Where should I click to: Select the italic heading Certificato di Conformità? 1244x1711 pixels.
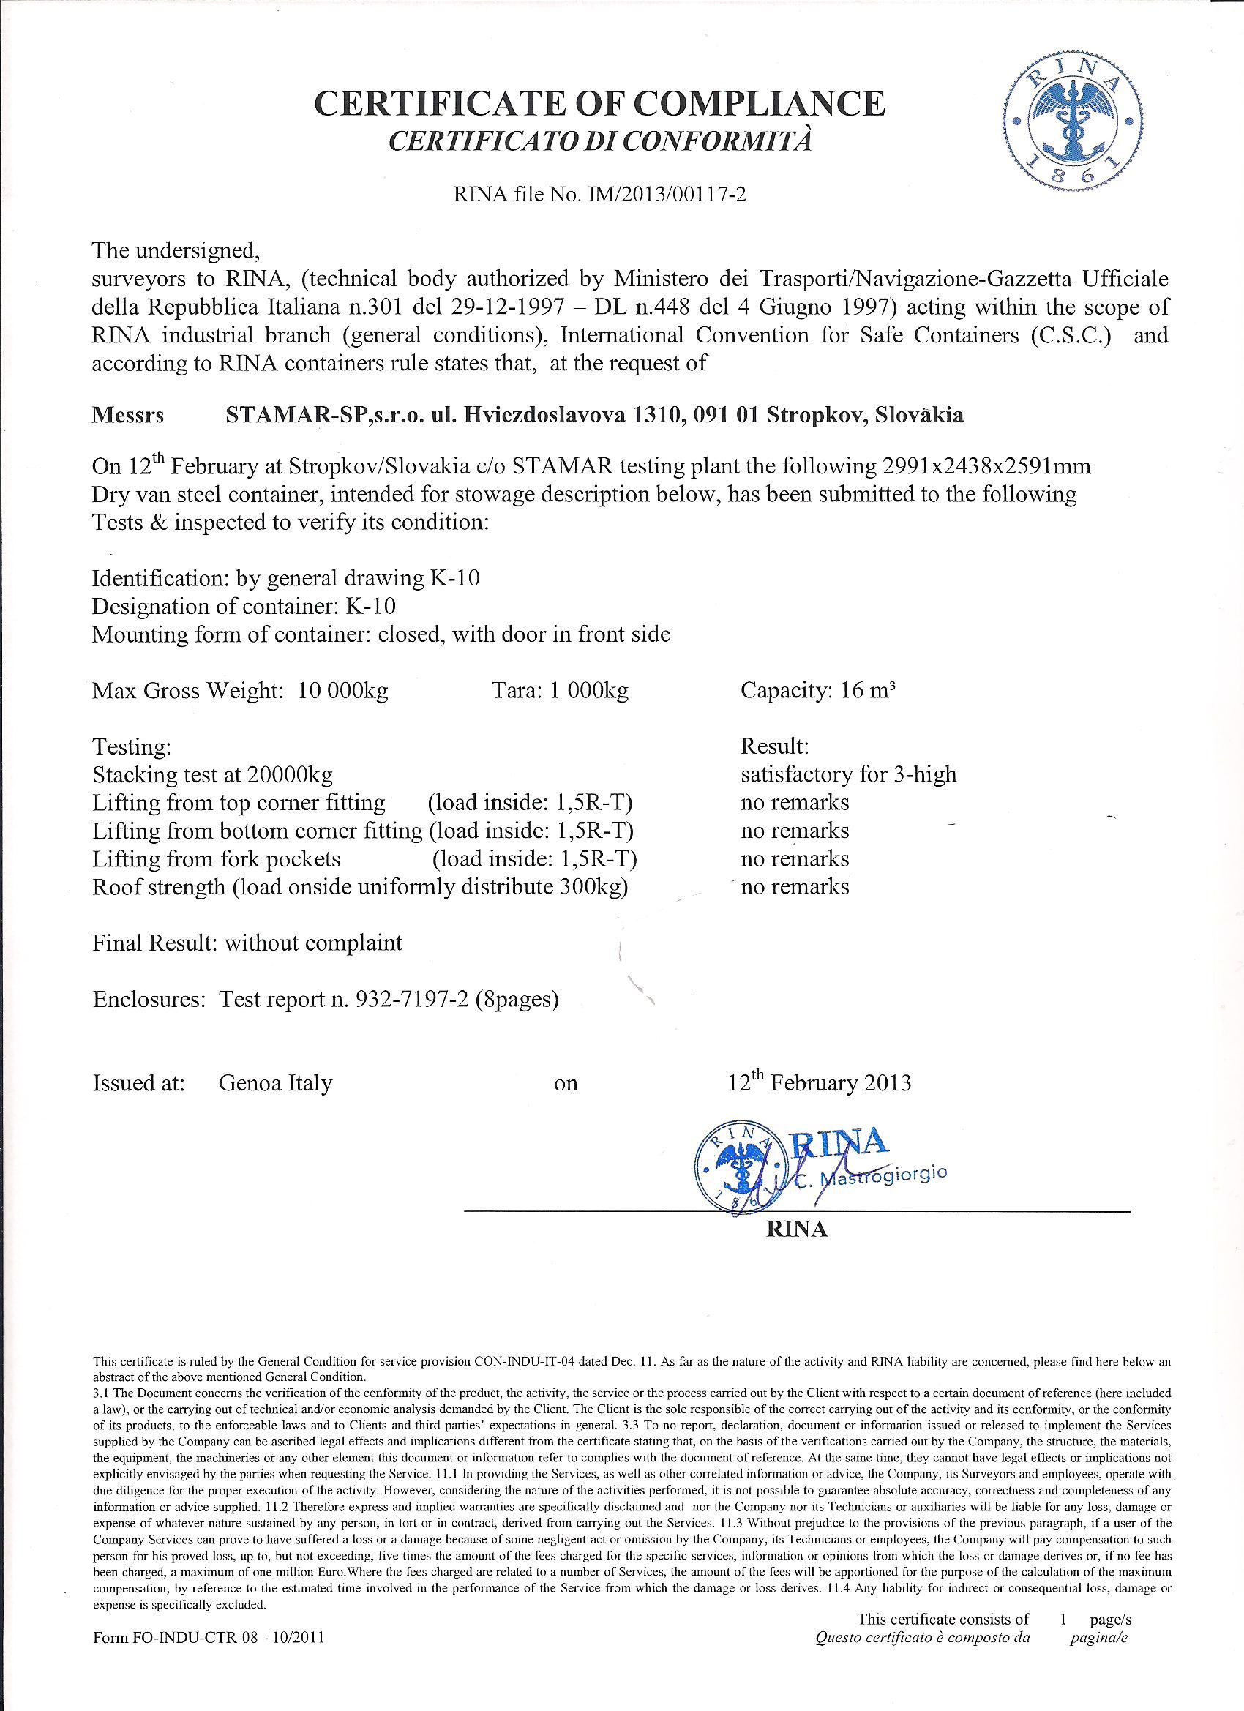pyautogui.click(x=600, y=141)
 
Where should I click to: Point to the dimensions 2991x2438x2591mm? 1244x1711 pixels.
pyautogui.click(x=985, y=465)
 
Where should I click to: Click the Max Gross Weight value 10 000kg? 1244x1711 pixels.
pyautogui.click(x=343, y=691)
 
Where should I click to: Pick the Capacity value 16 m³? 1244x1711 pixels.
pyautogui.click(x=867, y=690)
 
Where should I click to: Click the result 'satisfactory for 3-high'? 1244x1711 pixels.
pyautogui.click(x=849, y=774)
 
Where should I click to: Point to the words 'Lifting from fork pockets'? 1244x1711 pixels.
pyautogui.click(x=217, y=859)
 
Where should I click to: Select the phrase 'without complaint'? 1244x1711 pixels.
pyautogui.click(x=313, y=943)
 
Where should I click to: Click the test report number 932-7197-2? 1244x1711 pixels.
pyautogui.click(x=409, y=1000)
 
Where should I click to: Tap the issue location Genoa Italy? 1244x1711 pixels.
pyautogui.click(x=275, y=1083)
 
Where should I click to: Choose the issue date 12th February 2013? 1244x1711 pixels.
pyautogui.click(x=820, y=1082)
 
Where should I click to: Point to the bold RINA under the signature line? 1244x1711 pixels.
pyautogui.click(x=797, y=1229)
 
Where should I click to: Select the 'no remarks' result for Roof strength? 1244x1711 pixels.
pyautogui.click(x=795, y=886)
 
